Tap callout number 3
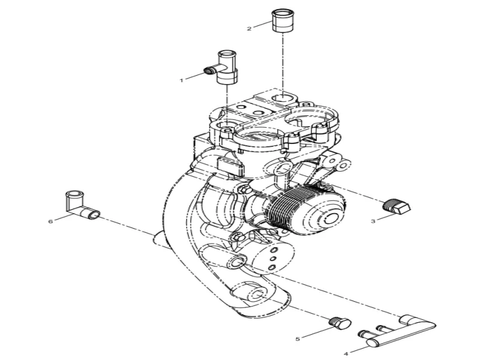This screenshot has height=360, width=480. click(x=373, y=221)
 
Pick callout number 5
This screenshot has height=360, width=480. click(x=298, y=339)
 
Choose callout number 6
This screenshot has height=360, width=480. click(x=51, y=221)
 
